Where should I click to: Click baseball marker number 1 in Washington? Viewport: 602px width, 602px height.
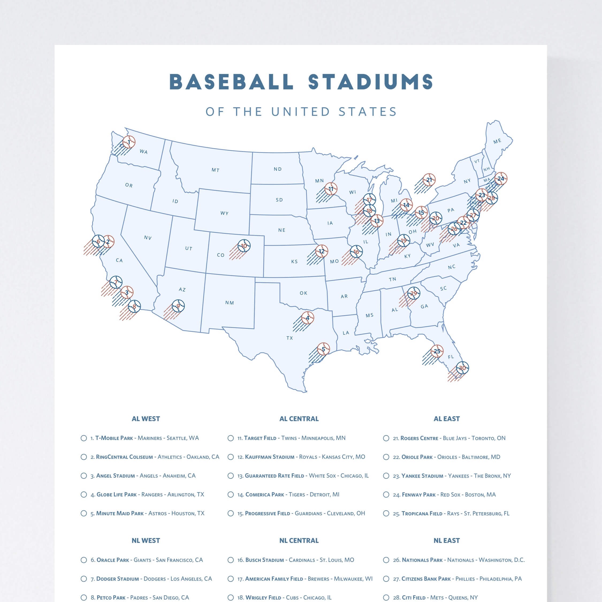click(129, 142)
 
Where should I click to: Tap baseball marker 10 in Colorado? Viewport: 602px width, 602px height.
click(244, 246)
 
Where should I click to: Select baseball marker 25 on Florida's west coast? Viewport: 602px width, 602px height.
click(437, 351)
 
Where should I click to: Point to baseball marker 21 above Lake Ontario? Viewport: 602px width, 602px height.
click(429, 180)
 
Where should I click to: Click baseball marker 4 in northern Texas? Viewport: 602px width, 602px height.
click(307, 318)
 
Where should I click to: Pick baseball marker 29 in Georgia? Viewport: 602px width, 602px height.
click(413, 293)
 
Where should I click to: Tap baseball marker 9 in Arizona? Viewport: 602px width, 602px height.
click(178, 306)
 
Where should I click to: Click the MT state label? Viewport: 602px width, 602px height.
click(216, 170)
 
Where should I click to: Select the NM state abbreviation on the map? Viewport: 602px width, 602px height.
click(230, 303)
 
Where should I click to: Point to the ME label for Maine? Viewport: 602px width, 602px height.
click(497, 141)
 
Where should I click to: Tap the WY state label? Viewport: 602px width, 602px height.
click(224, 214)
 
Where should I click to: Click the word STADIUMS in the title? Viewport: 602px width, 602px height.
click(371, 82)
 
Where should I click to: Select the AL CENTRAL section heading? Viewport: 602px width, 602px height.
click(299, 419)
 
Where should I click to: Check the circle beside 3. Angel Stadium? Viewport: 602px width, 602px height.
click(84, 476)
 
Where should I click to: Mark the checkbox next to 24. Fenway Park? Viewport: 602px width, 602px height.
click(386, 494)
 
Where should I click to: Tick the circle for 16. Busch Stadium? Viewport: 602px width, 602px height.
click(231, 560)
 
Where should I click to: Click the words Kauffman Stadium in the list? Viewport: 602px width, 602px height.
click(269, 457)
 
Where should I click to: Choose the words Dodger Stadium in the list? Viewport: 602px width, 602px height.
click(117, 579)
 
